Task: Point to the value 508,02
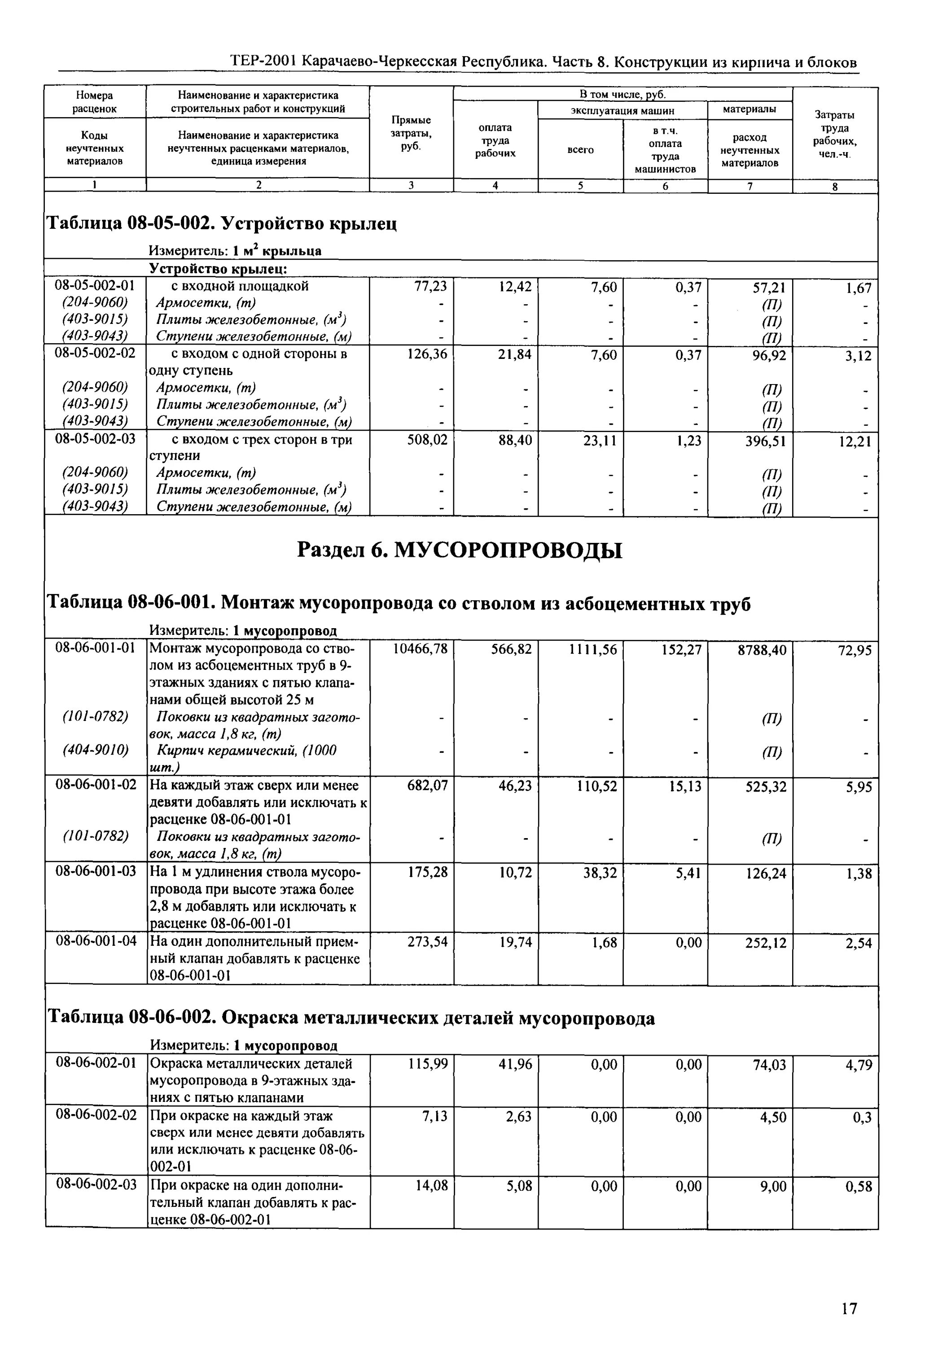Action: tap(427, 441)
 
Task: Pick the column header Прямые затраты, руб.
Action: tap(411, 133)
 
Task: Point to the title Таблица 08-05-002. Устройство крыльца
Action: tap(221, 223)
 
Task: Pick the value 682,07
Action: tap(427, 786)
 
